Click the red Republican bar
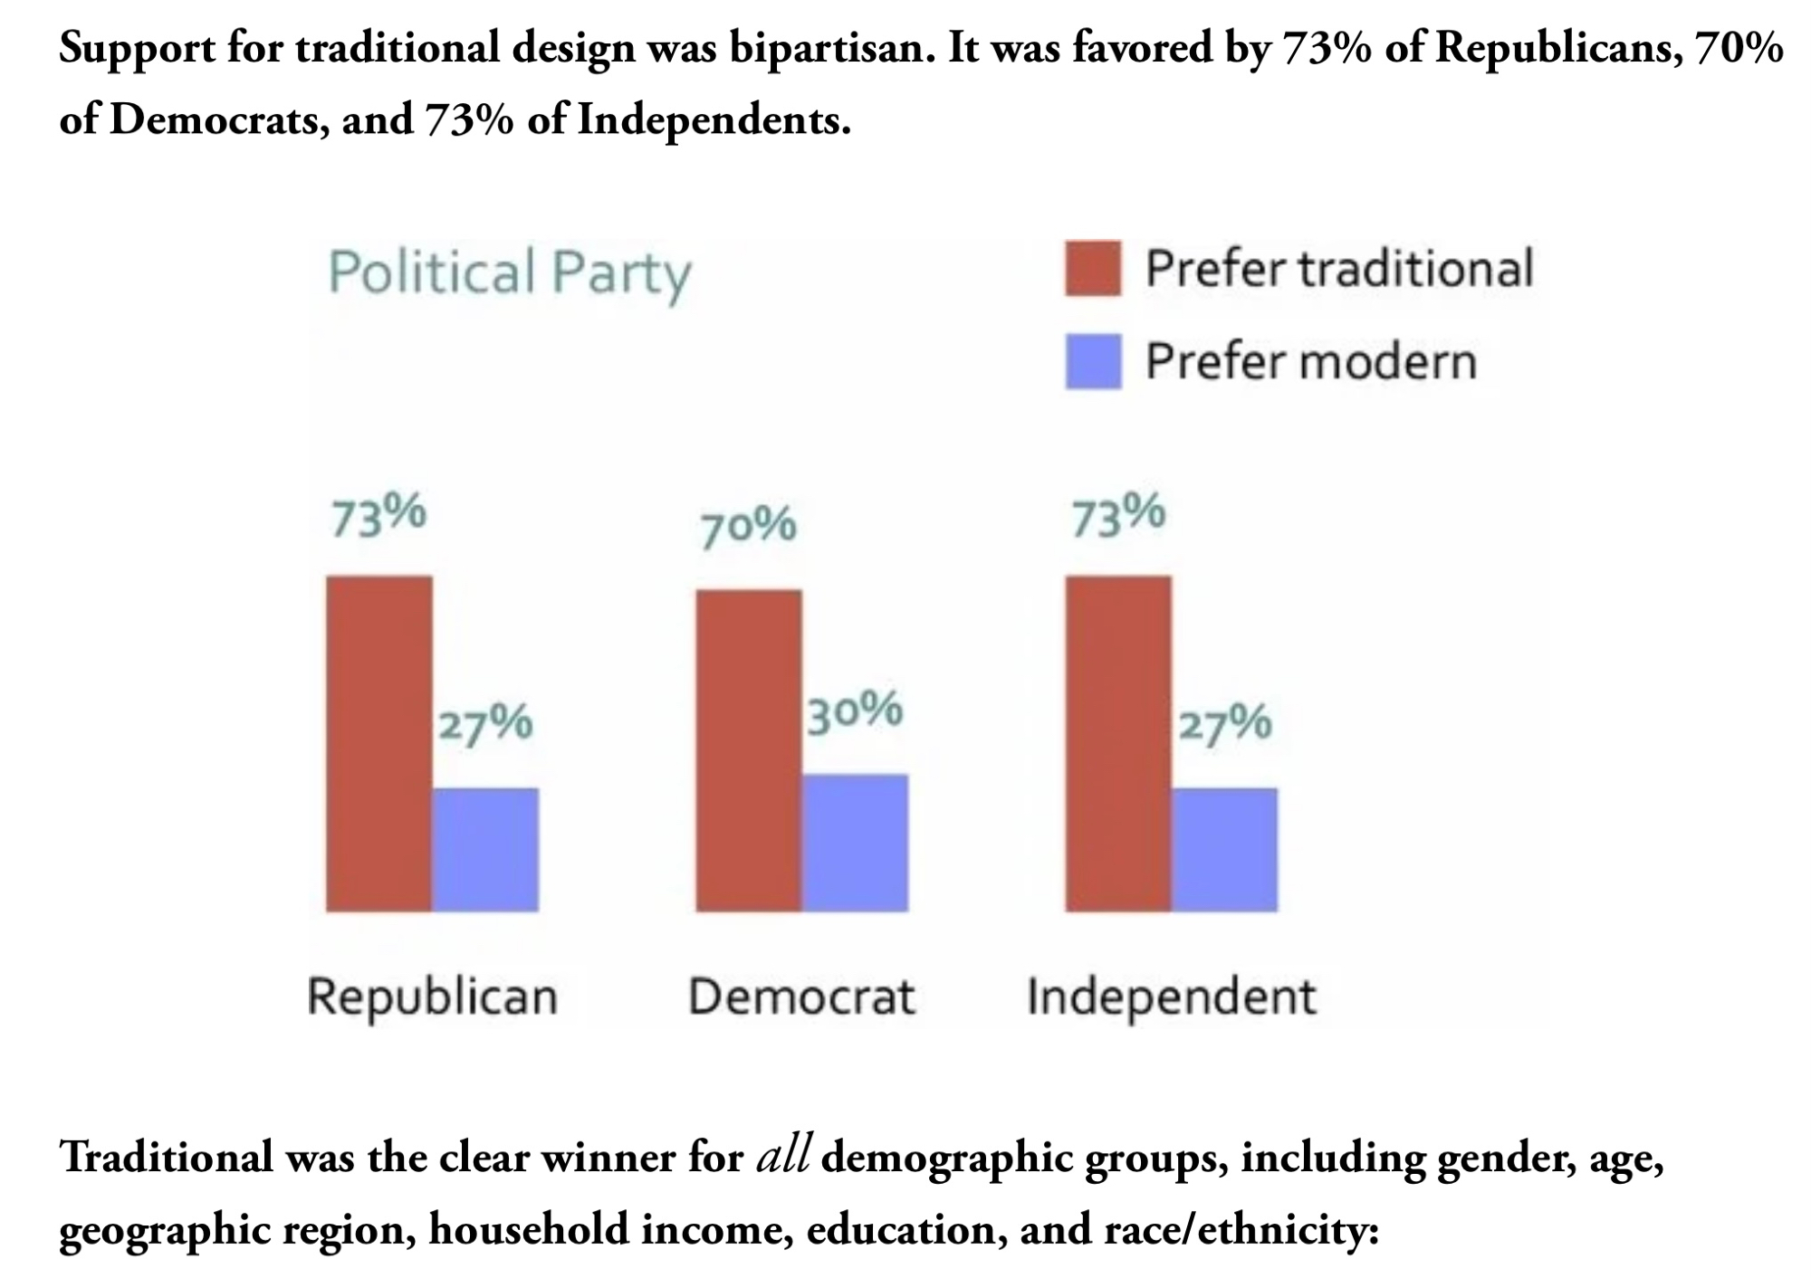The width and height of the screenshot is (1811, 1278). [x=379, y=743]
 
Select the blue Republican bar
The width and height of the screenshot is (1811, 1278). [x=485, y=849]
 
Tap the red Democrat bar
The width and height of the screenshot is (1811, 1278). [x=749, y=750]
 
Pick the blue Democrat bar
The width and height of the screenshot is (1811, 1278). [x=855, y=843]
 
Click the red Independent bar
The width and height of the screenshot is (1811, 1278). [x=1118, y=743]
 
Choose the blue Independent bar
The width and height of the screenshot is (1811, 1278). [x=1224, y=849]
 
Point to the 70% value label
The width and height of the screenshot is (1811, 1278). [x=748, y=526]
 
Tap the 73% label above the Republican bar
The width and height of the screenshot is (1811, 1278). [x=378, y=516]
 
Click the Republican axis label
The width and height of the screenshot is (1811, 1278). [x=432, y=997]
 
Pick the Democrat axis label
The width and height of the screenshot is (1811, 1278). [x=801, y=997]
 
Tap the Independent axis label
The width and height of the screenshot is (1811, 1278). [x=1171, y=997]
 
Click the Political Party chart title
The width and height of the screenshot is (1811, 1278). [x=510, y=272]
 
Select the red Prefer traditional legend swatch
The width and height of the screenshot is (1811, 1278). [x=1093, y=268]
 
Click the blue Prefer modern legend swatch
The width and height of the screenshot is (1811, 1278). [x=1093, y=361]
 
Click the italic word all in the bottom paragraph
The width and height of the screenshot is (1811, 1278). [x=783, y=1157]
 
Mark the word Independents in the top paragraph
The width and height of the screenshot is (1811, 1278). [x=714, y=119]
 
